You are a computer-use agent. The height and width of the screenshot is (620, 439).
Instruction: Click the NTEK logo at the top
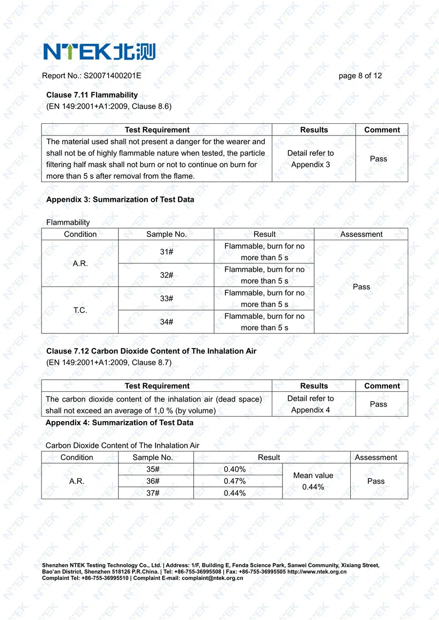[x=99, y=51]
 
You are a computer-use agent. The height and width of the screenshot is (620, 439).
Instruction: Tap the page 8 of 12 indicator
[x=360, y=76]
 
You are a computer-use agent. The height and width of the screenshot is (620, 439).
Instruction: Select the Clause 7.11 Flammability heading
[x=92, y=95]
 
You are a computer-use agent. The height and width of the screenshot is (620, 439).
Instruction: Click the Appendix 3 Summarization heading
[x=120, y=199]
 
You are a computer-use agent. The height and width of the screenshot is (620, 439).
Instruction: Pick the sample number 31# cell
[x=166, y=252]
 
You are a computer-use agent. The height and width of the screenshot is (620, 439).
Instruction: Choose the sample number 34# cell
[x=166, y=322]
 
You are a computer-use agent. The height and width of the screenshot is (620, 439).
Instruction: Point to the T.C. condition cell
[x=80, y=310]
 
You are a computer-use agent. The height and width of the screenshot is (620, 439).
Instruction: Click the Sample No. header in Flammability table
[x=166, y=234]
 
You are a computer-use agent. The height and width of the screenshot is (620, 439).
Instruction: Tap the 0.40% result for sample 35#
[x=235, y=469]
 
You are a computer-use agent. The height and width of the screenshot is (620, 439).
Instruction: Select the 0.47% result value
[x=235, y=481]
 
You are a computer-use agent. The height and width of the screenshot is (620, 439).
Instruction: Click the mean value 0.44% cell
[x=313, y=481]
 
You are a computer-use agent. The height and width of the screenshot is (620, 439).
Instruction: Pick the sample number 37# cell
[x=153, y=493]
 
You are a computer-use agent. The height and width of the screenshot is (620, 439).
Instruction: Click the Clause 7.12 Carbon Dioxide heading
[x=151, y=351]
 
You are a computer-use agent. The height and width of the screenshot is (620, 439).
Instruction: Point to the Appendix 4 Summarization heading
[x=120, y=423]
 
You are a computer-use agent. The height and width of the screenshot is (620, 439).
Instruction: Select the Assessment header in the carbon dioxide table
[x=376, y=458]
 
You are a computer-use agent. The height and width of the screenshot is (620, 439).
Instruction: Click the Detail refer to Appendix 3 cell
[x=311, y=159]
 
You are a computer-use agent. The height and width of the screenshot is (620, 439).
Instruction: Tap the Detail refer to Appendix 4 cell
[x=311, y=404]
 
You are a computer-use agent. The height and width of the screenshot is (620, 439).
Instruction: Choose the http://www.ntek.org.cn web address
[x=317, y=572]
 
